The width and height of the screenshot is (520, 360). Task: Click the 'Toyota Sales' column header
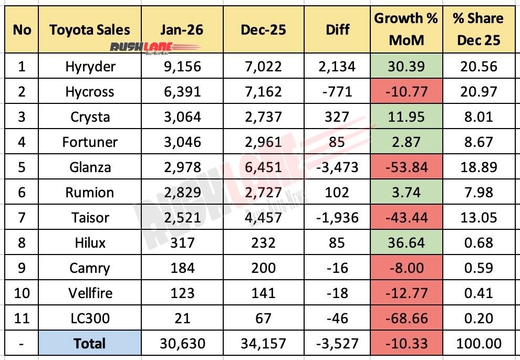click(x=89, y=29)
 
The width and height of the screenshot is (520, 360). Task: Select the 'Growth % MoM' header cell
click(x=406, y=29)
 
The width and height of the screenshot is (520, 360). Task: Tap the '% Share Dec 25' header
click(x=479, y=29)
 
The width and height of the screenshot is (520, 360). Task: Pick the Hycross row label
click(x=89, y=92)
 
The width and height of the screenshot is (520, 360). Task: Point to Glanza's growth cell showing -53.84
click(x=406, y=167)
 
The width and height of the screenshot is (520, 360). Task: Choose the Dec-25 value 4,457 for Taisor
click(x=263, y=218)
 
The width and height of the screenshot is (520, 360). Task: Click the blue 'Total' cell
click(x=89, y=344)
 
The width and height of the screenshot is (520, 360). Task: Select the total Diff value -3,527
click(x=338, y=344)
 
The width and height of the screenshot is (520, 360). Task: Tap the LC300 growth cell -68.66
click(x=406, y=319)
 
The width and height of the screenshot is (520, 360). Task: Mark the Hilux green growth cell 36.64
click(x=406, y=243)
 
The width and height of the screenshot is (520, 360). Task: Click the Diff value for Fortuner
click(x=338, y=142)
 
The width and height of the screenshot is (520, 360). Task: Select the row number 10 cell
click(x=22, y=293)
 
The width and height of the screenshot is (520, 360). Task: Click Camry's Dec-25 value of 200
click(x=263, y=268)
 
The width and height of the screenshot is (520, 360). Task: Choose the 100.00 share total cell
click(x=479, y=344)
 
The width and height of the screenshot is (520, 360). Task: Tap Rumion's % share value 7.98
click(x=479, y=193)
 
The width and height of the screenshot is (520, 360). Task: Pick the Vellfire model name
click(x=89, y=293)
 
